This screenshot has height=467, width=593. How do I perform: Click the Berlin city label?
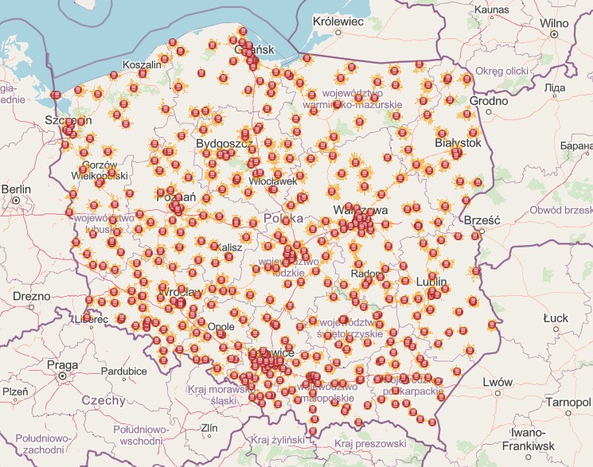(x=16, y=189)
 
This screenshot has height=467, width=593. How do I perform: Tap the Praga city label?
(x=62, y=365)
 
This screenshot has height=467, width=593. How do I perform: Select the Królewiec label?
(x=338, y=21)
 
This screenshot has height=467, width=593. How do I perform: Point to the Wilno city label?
(x=555, y=24)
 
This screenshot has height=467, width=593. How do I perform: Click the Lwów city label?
(x=497, y=383)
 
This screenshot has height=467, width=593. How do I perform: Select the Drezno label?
(x=30, y=296)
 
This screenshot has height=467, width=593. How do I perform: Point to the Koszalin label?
(x=142, y=64)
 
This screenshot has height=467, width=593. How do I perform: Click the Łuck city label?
(x=555, y=318)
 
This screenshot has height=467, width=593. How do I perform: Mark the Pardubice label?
(x=123, y=371)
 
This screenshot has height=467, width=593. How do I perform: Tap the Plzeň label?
(x=15, y=391)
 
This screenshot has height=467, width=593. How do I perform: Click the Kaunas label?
(x=490, y=9)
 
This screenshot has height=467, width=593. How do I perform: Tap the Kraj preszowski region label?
(x=370, y=443)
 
